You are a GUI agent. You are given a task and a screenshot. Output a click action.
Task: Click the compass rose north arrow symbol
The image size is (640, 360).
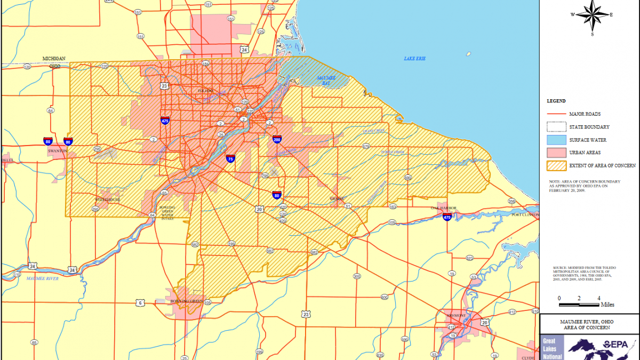(x=592, y=14)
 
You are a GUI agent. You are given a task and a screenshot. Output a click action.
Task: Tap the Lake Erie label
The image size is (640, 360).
(x=414, y=58)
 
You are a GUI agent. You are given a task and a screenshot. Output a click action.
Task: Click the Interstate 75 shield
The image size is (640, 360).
(x=230, y=158)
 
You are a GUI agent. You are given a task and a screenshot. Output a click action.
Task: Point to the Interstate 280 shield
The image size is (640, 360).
(x=277, y=140)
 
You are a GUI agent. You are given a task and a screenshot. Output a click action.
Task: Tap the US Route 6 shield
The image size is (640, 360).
(x=140, y=302)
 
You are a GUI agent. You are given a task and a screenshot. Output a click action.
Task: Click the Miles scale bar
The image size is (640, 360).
(x=579, y=305)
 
